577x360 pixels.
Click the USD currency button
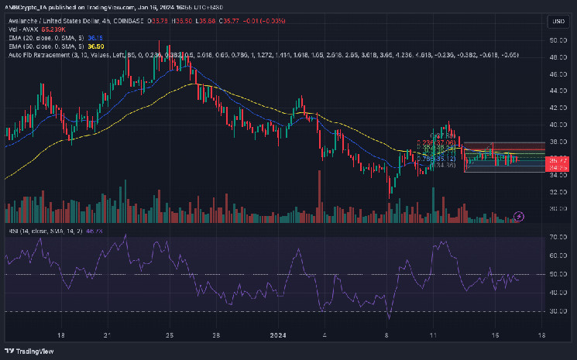pyautogui.click(x=558, y=21)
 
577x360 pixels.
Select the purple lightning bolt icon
pyautogui.click(x=520, y=215)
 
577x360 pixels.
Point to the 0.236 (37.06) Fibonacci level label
pyautogui.click(x=435, y=143)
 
